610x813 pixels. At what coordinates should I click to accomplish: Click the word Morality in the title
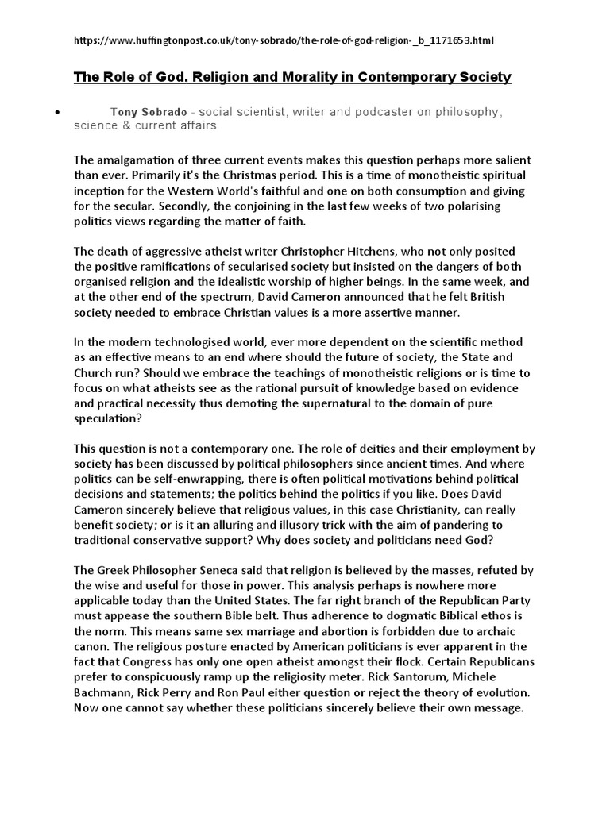(x=291, y=77)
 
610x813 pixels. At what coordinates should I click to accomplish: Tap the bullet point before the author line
(x=58, y=113)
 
